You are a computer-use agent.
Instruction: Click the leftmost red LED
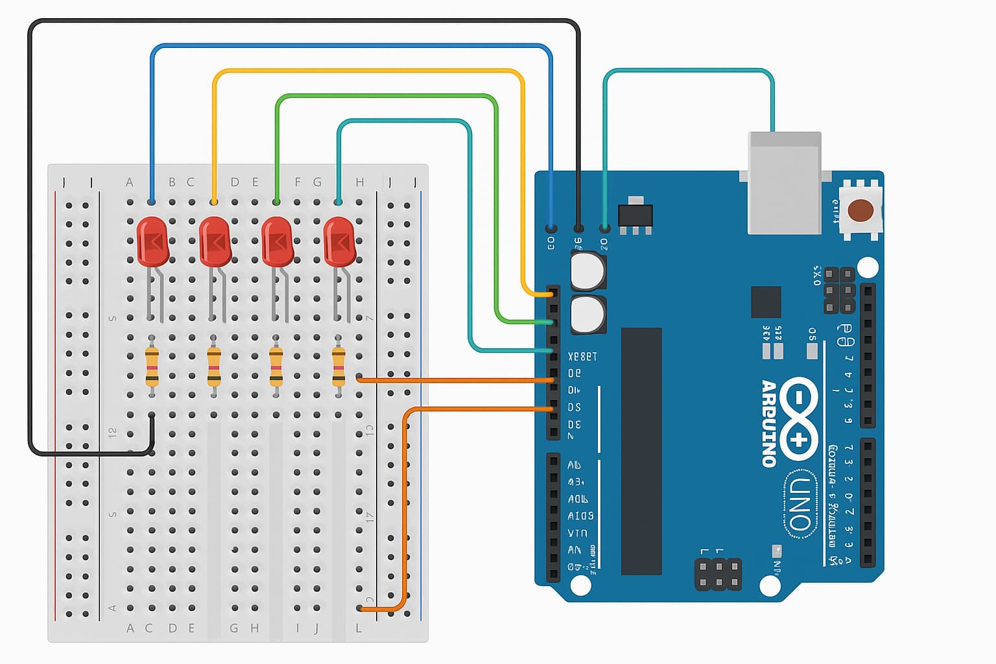152,241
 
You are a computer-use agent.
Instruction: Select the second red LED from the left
215,241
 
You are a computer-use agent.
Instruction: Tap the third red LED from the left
277,241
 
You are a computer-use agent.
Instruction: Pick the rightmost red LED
339,241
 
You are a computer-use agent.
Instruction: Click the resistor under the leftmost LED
152,367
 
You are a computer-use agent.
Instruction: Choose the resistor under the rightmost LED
338,367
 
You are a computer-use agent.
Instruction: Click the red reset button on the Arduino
860,210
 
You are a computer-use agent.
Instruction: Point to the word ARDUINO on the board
769,423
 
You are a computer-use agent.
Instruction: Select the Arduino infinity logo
799,419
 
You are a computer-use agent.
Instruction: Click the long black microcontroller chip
641,451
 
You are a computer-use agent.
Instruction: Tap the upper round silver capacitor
588,270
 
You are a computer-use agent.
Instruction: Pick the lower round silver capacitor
588,314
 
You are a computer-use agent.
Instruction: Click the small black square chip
766,302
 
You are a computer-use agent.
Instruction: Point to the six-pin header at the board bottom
718,574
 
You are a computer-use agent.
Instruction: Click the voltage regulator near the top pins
635,216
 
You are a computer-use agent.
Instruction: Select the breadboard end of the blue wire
152,202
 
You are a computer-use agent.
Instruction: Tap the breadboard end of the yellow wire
214,202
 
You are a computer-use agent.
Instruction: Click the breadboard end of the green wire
277,202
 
